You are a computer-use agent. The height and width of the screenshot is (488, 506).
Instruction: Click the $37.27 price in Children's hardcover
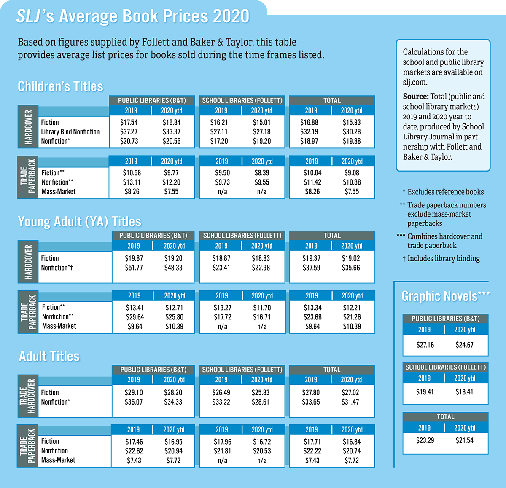tap(129, 132)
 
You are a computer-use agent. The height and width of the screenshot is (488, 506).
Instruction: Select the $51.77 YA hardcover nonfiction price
tap(134, 268)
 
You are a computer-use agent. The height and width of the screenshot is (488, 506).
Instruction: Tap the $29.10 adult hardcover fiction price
tap(134, 392)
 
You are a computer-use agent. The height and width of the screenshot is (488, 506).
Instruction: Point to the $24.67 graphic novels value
tap(464, 345)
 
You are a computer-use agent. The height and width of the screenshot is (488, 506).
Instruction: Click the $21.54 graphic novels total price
tap(464, 440)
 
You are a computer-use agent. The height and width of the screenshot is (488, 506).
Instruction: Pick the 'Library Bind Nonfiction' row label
tap(70, 132)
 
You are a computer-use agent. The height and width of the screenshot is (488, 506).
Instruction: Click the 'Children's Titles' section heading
tap(60, 86)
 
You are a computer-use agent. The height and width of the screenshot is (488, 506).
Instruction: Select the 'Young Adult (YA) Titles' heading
tap(79, 222)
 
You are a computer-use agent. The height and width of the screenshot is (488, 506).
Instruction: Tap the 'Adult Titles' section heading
tap(49, 357)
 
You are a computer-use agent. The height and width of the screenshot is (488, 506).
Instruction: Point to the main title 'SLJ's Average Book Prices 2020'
tap(133, 16)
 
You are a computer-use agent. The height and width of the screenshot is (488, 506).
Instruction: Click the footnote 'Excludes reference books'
tap(445, 192)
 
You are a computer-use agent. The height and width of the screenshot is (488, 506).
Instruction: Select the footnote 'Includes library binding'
tap(443, 259)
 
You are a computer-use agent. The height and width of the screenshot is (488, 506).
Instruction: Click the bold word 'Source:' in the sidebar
tap(416, 97)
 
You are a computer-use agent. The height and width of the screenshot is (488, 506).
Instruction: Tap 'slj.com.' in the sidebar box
tap(415, 82)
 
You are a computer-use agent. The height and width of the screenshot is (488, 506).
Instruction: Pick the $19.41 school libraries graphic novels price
tap(425, 392)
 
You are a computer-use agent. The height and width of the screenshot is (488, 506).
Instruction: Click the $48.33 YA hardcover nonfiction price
tap(173, 268)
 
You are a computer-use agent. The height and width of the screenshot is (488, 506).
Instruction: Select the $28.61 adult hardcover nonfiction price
tap(260, 402)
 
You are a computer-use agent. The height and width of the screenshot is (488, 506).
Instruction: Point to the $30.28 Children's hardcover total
tap(352, 132)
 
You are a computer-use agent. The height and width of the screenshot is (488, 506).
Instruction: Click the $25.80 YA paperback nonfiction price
tap(174, 317)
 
